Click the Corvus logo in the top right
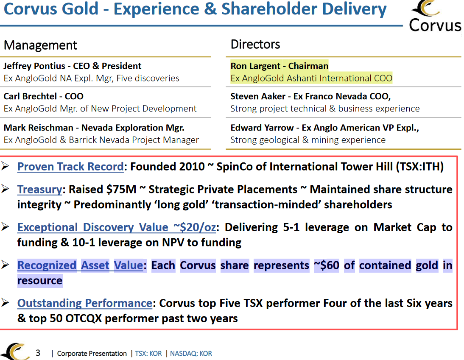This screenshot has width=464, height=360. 435,16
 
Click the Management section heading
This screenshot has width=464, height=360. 40,45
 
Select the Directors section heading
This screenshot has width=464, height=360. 255,44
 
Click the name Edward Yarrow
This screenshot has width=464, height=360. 262,128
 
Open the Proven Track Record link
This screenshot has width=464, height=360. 70,167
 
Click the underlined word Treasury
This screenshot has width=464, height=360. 40,189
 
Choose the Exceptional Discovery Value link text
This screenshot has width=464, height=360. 116,227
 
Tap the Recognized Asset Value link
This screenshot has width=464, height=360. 80,265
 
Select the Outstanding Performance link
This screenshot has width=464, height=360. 84,303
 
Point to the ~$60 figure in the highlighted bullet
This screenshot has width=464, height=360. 327,265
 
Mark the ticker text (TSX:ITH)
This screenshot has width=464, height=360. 419,167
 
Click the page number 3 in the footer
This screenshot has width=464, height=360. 38,353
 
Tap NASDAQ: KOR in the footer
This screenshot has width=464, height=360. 191,353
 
